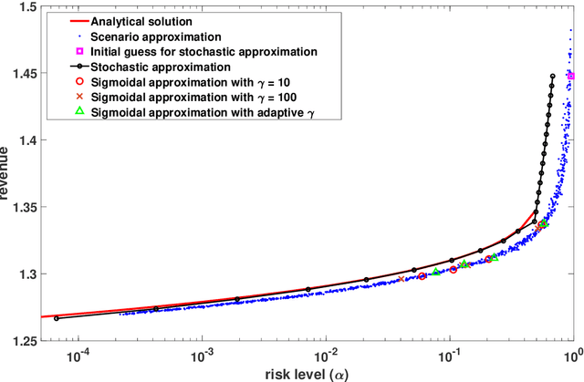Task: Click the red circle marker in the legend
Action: click(79, 81)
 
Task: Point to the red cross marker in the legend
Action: click(79, 96)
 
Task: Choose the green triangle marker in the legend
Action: click(79, 111)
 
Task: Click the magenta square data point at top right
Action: click(571, 77)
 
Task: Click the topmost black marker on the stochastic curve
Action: click(553, 77)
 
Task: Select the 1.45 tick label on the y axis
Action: click(23, 75)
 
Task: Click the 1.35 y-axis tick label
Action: click(23, 208)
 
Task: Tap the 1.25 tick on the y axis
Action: click(23, 340)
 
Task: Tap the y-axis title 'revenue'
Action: click(8, 173)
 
